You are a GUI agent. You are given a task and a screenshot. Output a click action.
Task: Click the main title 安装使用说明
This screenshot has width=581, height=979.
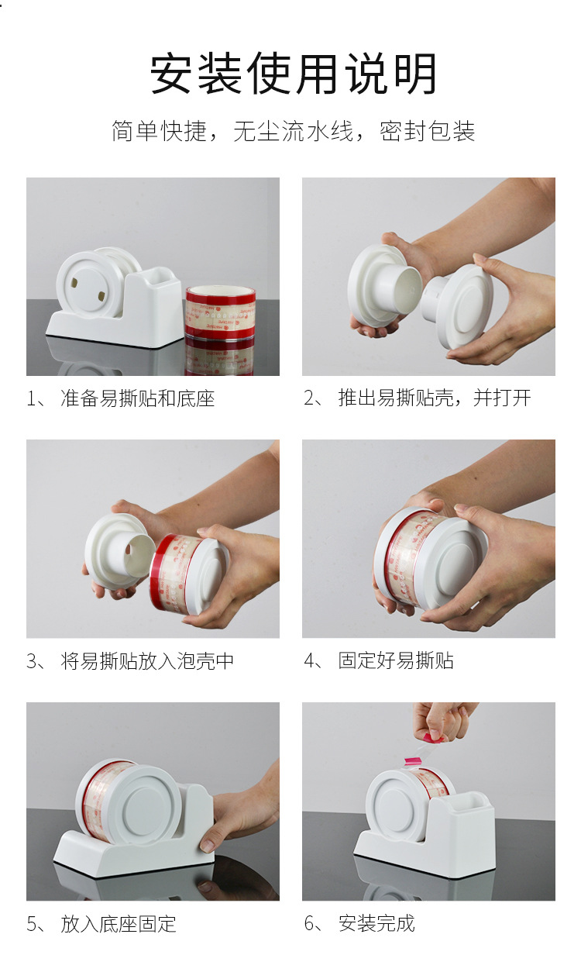[x=293, y=73]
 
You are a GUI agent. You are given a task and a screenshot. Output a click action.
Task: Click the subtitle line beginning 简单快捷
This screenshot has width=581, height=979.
[x=293, y=130]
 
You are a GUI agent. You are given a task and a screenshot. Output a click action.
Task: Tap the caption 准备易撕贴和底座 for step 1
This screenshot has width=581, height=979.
[x=138, y=398]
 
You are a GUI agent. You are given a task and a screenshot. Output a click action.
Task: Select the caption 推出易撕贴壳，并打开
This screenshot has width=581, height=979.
[x=435, y=398]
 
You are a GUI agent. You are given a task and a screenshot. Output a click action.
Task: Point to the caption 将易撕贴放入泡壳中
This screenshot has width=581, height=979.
[x=147, y=660]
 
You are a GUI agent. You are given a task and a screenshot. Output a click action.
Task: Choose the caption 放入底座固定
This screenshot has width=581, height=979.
[x=119, y=923]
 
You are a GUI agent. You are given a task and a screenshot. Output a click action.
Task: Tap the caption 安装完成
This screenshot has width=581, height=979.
[x=376, y=923]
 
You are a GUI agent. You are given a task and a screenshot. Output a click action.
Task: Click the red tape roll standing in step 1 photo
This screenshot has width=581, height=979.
[x=220, y=312]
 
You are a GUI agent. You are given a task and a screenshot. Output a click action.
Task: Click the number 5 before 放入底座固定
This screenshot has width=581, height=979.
[x=32, y=924]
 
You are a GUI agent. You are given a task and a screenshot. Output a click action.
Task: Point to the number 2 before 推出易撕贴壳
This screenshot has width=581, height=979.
[x=309, y=398]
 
